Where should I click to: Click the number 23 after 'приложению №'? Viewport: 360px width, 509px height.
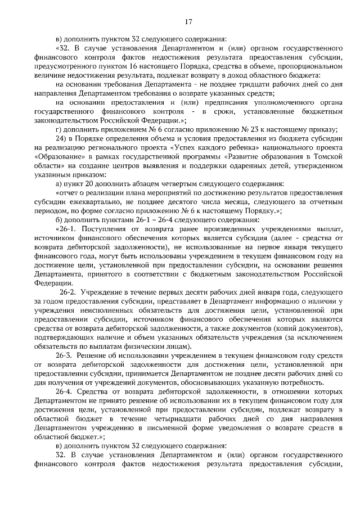tap(277, 129)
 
